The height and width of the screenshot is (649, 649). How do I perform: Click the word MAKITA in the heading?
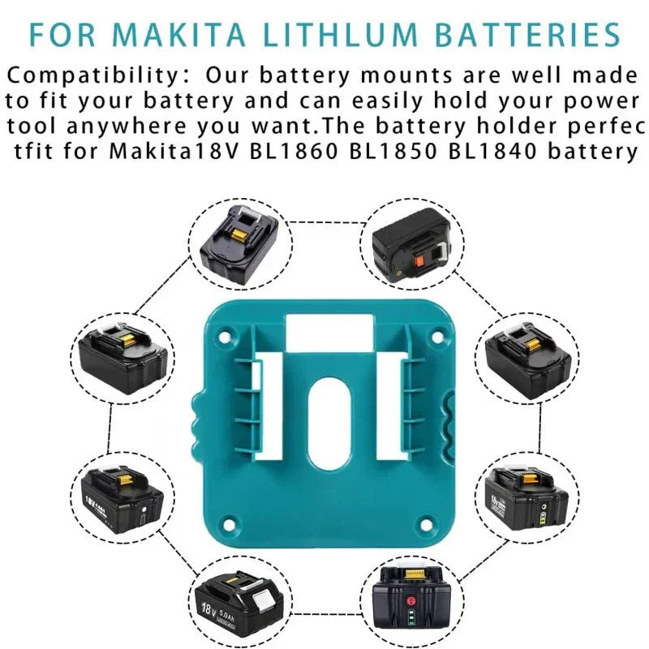click(x=178, y=35)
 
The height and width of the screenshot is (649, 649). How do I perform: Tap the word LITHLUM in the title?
click(x=340, y=35)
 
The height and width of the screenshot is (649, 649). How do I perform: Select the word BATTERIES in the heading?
click(x=528, y=35)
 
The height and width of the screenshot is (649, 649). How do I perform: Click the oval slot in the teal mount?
click(x=330, y=423)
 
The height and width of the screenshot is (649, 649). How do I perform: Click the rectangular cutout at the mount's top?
click(x=330, y=331)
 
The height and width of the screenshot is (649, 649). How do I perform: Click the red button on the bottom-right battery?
click(x=411, y=601)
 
